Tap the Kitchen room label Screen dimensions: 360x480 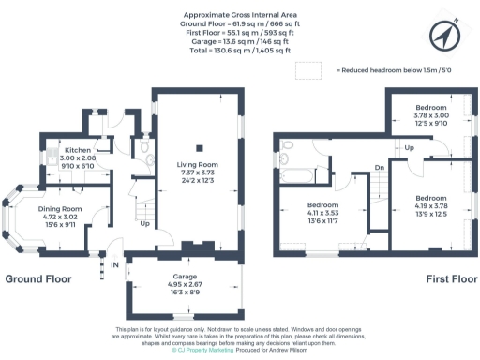tap(76, 151)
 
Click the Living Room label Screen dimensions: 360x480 tap(197, 166)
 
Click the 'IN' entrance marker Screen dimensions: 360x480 tap(115, 265)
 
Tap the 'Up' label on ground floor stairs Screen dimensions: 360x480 tap(144, 225)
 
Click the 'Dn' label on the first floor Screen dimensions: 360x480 tap(380, 168)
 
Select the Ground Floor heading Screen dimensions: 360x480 tap(38, 279)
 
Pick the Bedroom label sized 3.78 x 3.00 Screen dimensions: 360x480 tap(432, 108)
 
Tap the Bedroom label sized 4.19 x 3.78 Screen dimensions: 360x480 tap(432, 199)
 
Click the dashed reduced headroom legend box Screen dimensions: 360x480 tap(307, 70)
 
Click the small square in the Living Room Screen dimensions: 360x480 tap(197, 147)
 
